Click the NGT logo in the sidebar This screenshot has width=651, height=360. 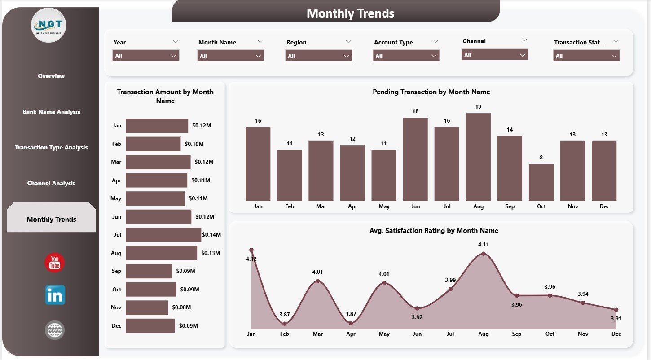coord(49,26)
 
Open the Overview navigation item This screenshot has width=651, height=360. coord(51,76)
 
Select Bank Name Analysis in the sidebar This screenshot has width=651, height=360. coord(51,112)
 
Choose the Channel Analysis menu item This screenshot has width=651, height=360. coord(51,183)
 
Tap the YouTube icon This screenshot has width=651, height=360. coord(55,263)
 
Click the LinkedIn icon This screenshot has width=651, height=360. coord(55,295)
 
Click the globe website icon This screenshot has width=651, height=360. coord(55,330)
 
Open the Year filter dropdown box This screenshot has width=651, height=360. coord(145,56)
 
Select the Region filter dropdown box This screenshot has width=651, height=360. coord(318,56)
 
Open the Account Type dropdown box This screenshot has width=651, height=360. coord(406,56)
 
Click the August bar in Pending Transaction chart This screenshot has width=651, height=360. coord(478,157)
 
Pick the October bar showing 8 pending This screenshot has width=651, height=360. coord(541,182)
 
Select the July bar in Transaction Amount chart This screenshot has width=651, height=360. coord(163,235)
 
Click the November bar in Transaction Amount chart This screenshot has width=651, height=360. coord(147,307)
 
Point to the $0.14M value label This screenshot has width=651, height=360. coord(211,235)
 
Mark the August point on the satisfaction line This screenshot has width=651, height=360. coord(484,254)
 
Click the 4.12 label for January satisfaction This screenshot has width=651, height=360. coord(251,259)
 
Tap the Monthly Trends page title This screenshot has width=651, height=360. coord(350,13)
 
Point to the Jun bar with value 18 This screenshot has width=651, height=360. coord(415,159)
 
